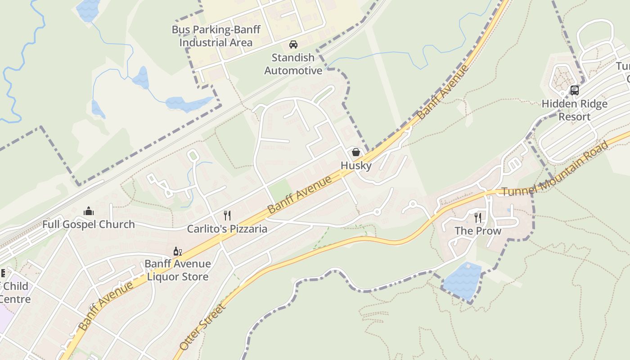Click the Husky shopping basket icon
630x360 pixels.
356,152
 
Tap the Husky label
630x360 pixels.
356,166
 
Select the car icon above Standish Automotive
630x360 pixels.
293,45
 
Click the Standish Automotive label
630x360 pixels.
293,64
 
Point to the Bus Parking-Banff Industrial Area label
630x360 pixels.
216,36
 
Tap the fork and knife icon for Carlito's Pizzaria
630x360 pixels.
227,216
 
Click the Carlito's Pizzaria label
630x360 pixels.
227,229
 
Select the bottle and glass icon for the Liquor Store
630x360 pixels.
177,251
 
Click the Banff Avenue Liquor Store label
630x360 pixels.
177,270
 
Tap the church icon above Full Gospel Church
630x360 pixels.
89,211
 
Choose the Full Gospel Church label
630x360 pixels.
89,224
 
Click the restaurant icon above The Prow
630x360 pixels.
478,218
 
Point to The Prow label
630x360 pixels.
478,231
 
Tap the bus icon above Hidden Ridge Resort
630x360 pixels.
575,90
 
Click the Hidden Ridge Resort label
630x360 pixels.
575,110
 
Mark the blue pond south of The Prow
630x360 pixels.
462,280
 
